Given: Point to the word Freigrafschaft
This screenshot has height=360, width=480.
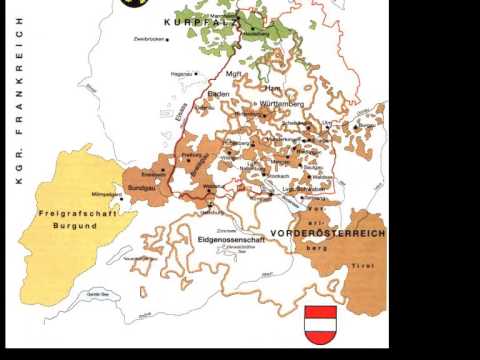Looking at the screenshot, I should coord(69,214).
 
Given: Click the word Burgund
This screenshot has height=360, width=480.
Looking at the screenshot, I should coord(70,227).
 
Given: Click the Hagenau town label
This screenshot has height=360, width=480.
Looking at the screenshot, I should coord(181,73).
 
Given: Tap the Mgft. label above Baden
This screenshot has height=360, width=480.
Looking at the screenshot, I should coord(235,74).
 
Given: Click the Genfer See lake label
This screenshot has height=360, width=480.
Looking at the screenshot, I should coord(97,295).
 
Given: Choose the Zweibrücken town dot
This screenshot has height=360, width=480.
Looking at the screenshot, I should coord(168,40).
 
